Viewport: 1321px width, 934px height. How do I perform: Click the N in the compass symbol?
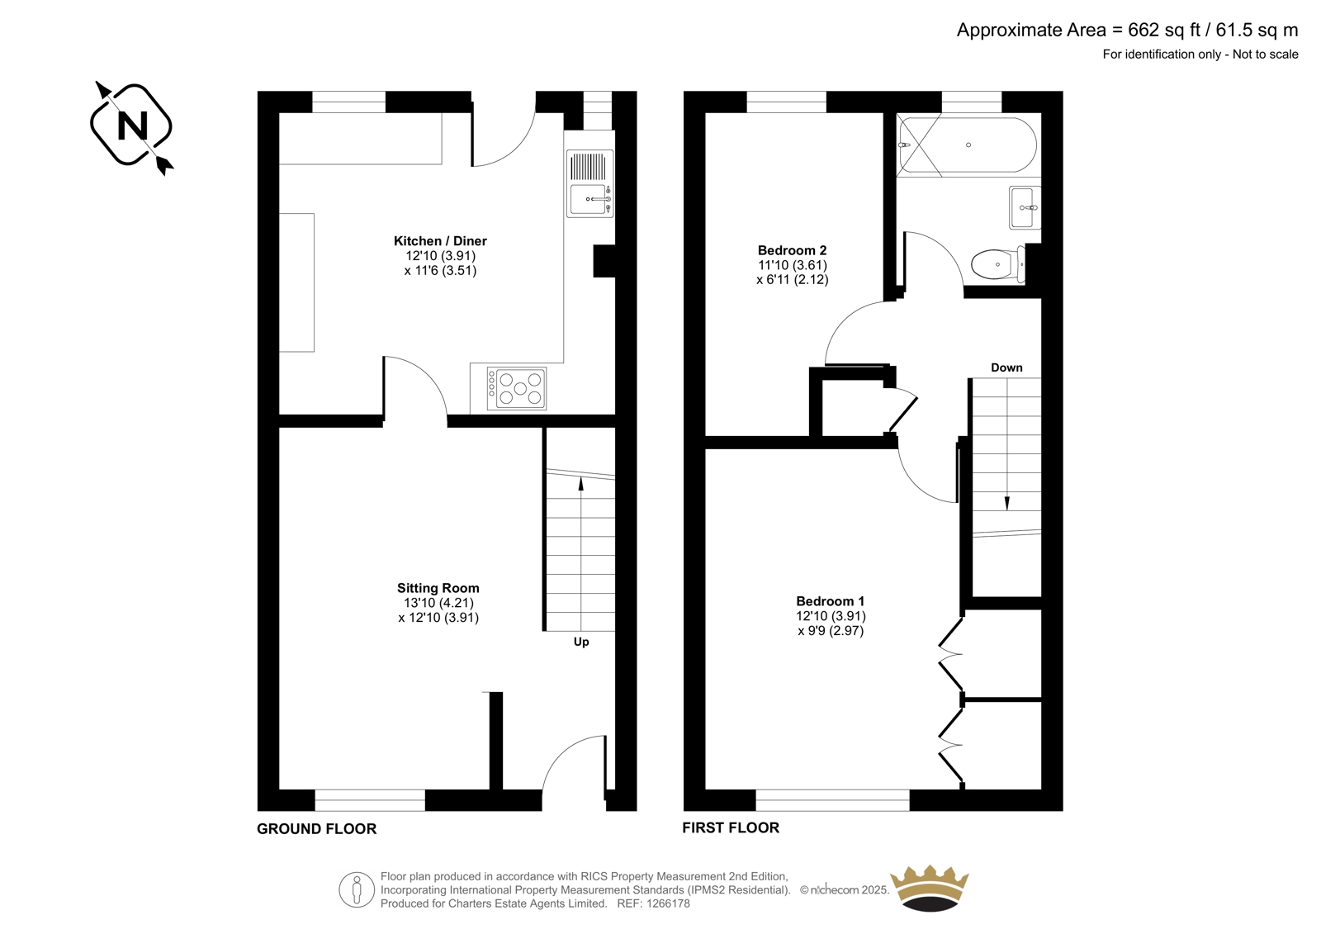[x=133, y=126]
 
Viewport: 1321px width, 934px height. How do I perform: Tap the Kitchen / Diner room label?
[x=440, y=241]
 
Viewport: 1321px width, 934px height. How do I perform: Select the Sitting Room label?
[x=438, y=588]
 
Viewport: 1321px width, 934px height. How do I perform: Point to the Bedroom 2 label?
[x=792, y=250]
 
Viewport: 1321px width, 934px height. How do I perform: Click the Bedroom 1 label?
[x=830, y=601]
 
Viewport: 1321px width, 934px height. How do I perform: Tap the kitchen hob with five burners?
[x=517, y=388]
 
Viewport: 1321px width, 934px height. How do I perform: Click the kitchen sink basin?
[x=590, y=200]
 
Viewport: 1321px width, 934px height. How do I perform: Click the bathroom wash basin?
[x=1025, y=207]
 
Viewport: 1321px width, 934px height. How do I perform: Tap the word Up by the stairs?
[x=581, y=642]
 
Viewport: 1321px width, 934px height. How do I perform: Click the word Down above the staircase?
[x=1006, y=367]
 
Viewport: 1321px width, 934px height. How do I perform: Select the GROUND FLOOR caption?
[x=316, y=829]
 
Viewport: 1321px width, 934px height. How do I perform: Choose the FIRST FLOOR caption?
[x=731, y=827]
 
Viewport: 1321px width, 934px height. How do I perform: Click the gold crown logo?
[x=930, y=888]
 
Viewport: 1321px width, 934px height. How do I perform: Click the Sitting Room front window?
[x=370, y=800]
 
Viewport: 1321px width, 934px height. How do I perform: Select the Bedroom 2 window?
[x=786, y=102]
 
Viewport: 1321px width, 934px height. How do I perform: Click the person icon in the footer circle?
[x=356, y=889]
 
